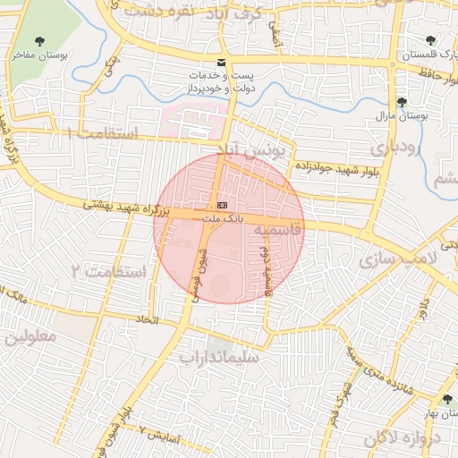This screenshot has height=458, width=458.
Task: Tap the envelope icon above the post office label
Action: tap(221, 62)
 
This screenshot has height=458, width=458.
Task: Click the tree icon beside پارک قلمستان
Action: tap(431, 40)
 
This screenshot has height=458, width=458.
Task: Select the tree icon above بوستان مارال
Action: tap(403, 102)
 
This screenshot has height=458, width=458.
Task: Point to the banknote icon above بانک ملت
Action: tap(222, 205)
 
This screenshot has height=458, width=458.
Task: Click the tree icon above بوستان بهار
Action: tap(446, 399)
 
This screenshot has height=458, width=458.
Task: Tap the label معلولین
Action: tap(30, 338)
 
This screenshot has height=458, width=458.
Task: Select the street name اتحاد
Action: tap(146, 318)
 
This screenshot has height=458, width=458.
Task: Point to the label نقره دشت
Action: tap(166, 11)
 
